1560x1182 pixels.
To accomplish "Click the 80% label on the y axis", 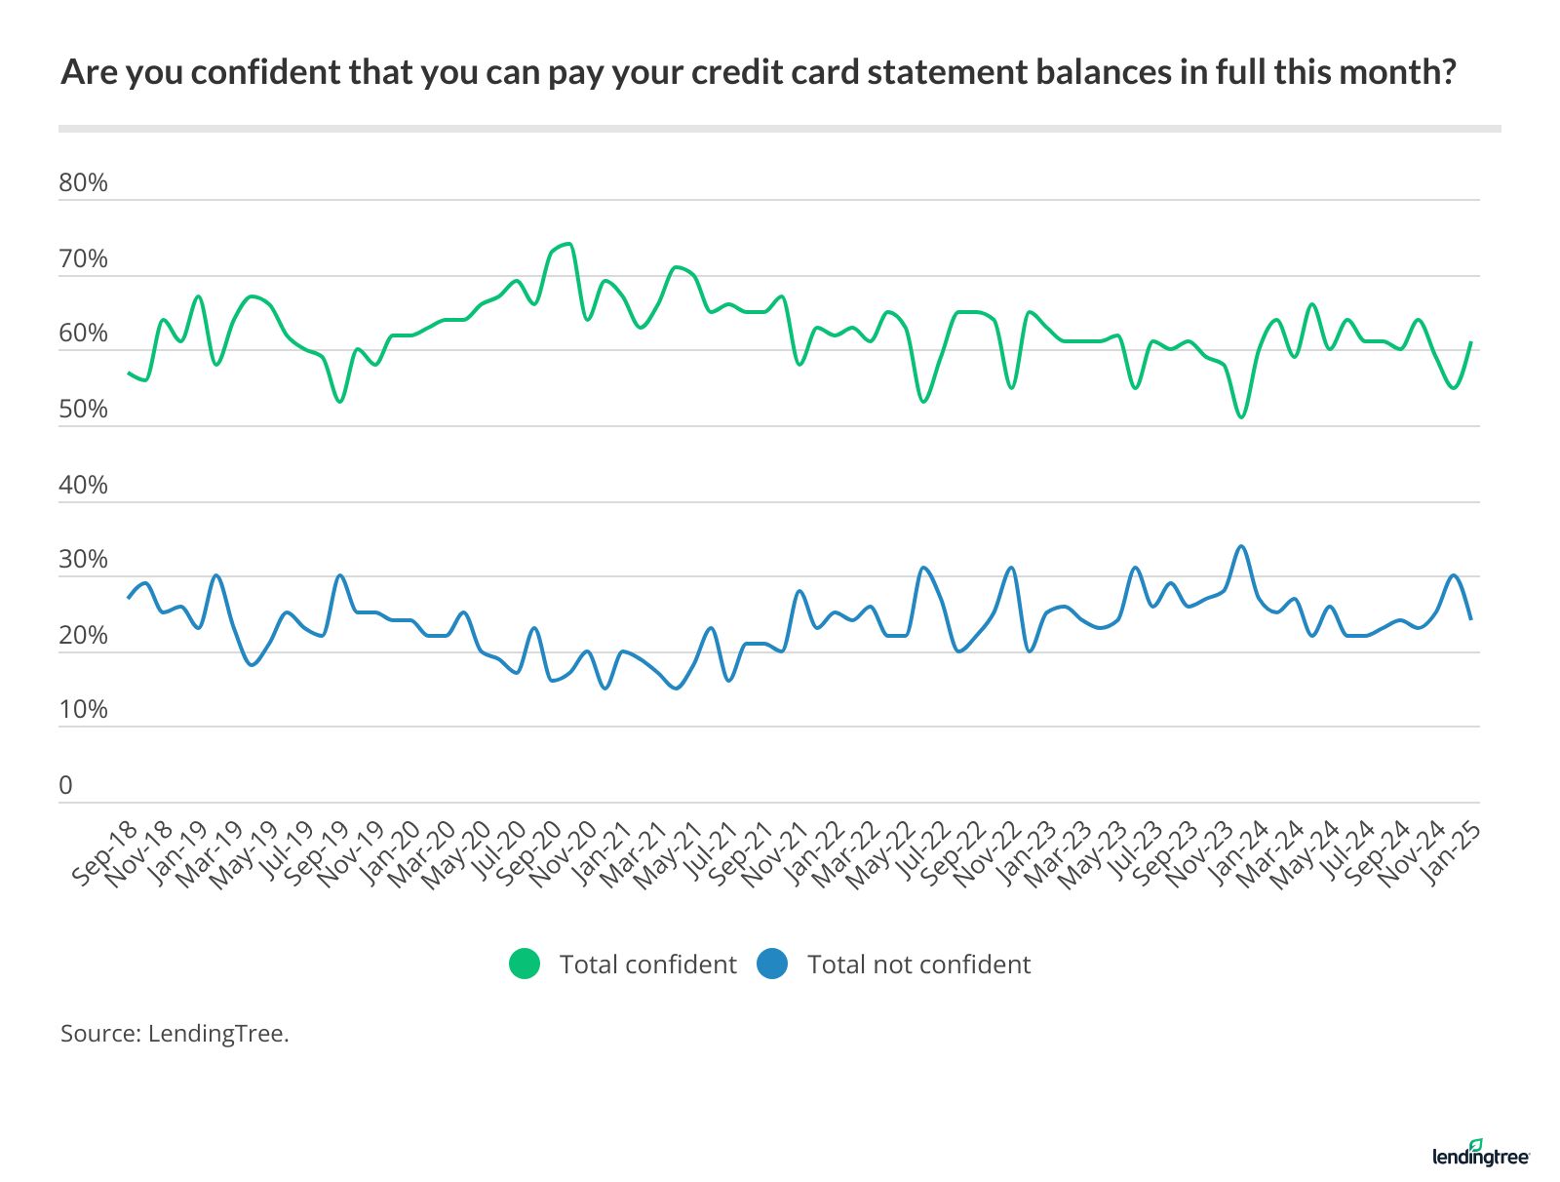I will [83, 183].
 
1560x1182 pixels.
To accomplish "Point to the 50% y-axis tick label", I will [83, 410].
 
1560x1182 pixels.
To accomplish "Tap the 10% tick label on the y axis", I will [83, 710].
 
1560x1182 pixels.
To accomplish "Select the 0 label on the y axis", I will [65, 786].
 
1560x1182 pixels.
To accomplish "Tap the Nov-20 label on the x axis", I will [563, 853].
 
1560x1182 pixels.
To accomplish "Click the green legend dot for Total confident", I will [525, 964].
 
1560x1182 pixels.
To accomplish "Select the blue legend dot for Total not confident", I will [771, 964].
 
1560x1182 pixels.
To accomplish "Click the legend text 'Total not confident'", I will [918, 965].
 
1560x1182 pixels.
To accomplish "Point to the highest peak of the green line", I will [567, 243].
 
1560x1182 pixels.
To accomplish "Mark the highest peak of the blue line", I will [1240, 546].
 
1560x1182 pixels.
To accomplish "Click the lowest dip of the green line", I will [1240, 417].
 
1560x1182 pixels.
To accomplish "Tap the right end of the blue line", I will [1470, 619].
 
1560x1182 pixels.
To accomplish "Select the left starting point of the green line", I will [129, 373].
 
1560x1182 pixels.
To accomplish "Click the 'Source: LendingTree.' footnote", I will [175, 1034].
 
